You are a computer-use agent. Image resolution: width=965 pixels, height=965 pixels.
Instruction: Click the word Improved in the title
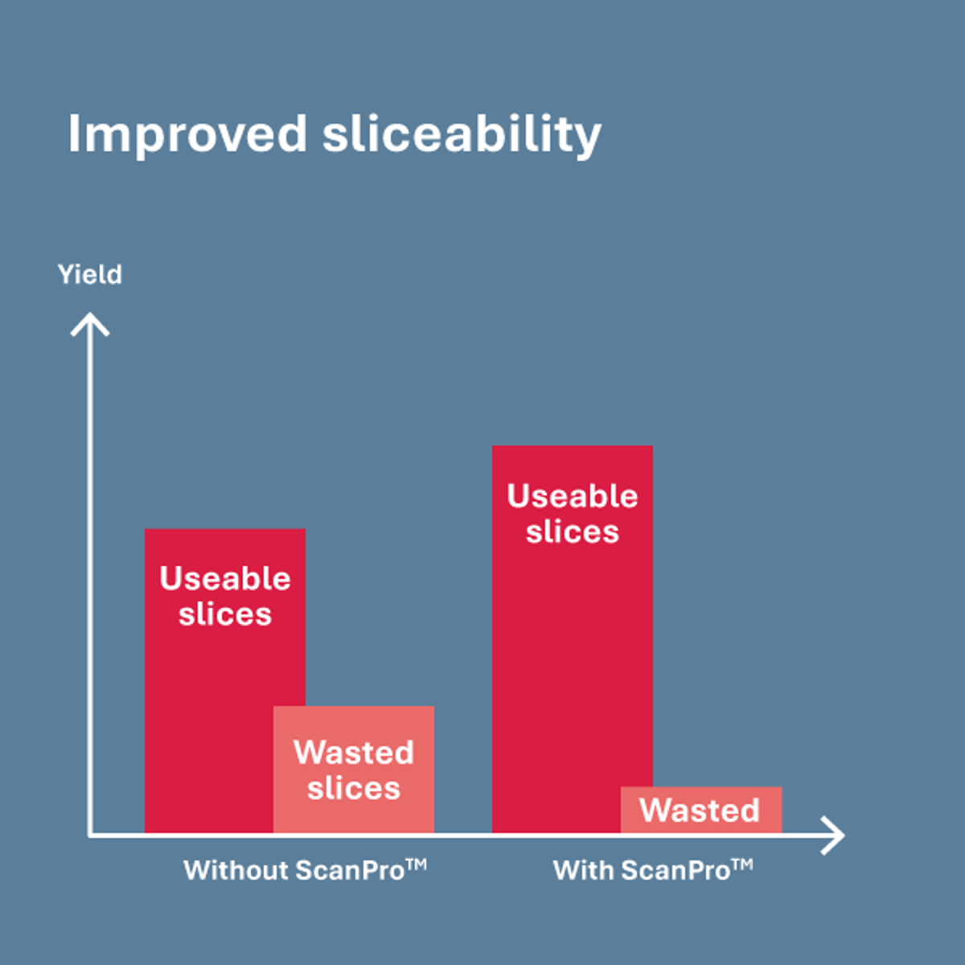tap(187, 133)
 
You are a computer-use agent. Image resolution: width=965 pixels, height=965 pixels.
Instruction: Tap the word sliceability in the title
tap(462, 135)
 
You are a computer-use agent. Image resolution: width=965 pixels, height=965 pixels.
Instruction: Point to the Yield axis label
tap(90, 275)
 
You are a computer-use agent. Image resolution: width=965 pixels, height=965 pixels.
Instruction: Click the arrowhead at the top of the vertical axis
tap(90, 323)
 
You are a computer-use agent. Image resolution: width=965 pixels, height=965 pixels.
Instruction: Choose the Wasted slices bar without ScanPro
tap(354, 770)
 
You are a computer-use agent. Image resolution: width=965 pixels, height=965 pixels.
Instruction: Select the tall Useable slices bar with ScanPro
tap(572, 659)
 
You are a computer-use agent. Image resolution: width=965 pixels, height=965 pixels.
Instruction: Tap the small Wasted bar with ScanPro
tap(700, 810)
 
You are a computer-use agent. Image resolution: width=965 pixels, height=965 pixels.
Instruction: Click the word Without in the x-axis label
tap(236, 871)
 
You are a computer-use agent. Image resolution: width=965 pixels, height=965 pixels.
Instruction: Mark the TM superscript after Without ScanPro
tap(417, 864)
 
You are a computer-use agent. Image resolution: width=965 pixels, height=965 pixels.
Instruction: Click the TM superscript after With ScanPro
tap(742, 864)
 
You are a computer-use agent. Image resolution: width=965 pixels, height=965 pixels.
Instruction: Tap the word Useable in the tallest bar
tap(572, 496)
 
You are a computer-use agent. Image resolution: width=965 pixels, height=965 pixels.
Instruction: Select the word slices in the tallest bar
tap(572, 532)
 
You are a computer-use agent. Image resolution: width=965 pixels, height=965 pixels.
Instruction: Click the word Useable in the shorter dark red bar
tap(225, 579)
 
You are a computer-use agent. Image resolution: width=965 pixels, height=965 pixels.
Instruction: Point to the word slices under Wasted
tap(354, 788)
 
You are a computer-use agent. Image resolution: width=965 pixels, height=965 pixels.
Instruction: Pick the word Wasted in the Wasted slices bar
tap(354, 753)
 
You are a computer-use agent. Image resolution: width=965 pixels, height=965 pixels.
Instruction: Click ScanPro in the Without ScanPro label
tap(350, 871)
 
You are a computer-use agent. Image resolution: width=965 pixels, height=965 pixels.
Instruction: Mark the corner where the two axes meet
tap(90, 836)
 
